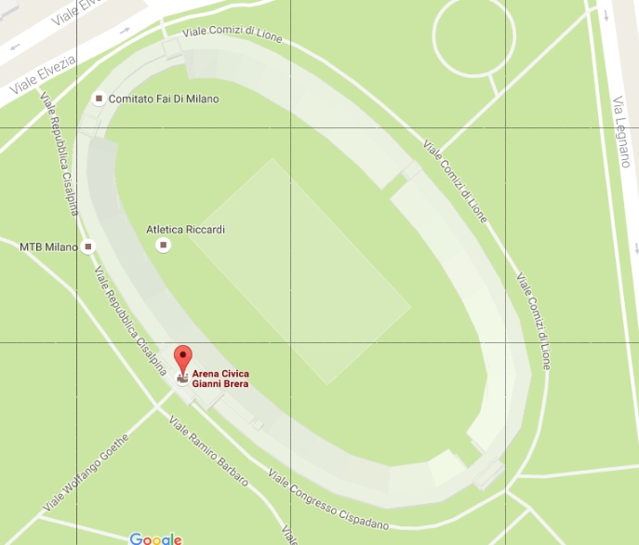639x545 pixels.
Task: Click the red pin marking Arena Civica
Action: pyautogui.click(x=183, y=357)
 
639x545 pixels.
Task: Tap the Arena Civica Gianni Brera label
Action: pyautogui.click(x=220, y=379)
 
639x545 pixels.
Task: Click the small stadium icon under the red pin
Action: pyautogui.click(x=183, y=379)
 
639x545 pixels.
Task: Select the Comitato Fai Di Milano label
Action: pyautogui.click(x=164, y=99)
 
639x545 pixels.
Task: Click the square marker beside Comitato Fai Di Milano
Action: pyautogui.click(x=99, y=99)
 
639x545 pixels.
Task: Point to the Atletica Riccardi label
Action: pyautogui.click(x=186, y=229)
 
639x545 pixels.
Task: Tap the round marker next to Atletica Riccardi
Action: pyautogui.click(x=164, y=245)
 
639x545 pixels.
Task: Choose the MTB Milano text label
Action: pyautogui.click(x=47, y=246)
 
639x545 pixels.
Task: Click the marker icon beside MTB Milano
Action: pyautogui.click(x=88, y=246)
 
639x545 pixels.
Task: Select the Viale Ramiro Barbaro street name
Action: pyautogui.click(x=209, y=453)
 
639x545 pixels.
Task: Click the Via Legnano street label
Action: pyautogui.click(x=622, y=131)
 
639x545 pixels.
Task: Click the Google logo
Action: pyautogui.click(x=155, y=538)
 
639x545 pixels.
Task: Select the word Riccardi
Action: pyautogui.click(x=206, y=229)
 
